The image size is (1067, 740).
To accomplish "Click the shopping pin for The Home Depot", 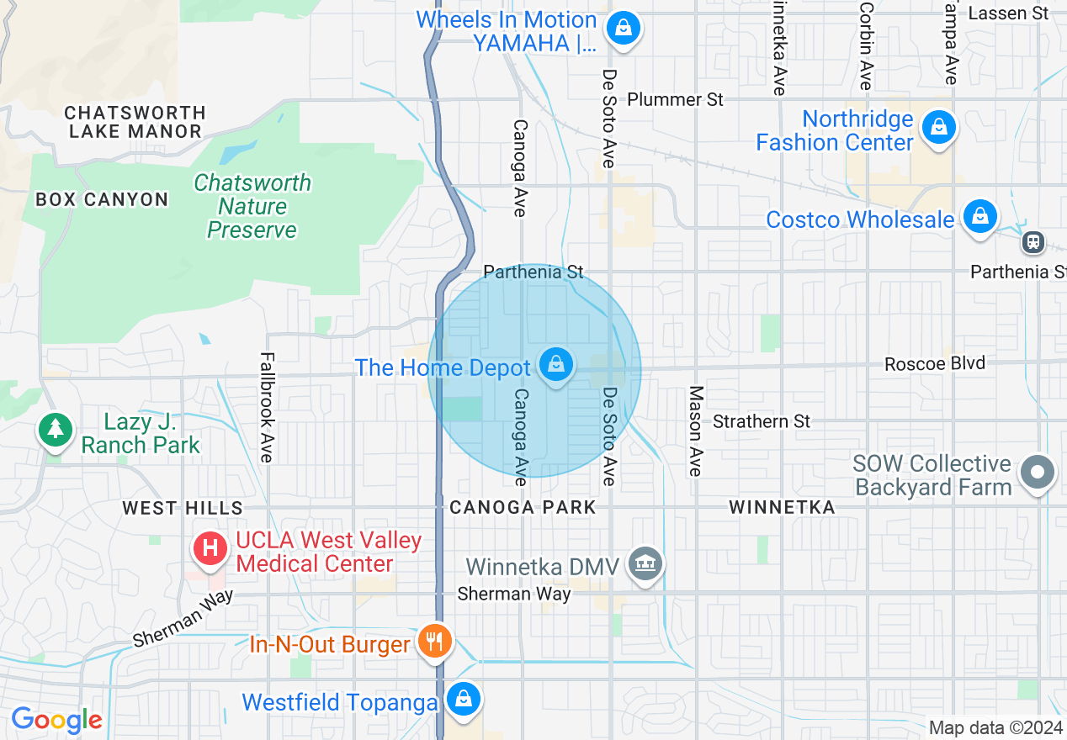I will pos(556,365).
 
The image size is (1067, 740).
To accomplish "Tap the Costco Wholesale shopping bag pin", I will pos(980,217).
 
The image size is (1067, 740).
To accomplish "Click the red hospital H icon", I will pos(211,549).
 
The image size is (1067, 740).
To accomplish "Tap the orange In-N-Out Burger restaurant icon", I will pos(435,642).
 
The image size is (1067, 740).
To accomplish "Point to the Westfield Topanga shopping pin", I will pos(463,698).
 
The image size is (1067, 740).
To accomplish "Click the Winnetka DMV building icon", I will pos(645,563).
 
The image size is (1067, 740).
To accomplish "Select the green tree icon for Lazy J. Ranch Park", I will pos(56,430).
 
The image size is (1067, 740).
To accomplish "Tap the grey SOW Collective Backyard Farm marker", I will pos(1037,473).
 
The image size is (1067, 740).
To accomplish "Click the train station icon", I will pos(1032,242).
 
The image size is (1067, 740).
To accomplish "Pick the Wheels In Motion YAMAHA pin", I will pos(624,28).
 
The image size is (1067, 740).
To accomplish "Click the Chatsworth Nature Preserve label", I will pos(252,206).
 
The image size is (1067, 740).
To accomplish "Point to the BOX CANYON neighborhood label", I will pos(102,199).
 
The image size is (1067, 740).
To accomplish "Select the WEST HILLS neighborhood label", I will pos(183,508).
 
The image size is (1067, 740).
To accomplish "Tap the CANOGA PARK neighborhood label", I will pos(523,507).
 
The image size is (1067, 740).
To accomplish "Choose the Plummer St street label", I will pos(676,99).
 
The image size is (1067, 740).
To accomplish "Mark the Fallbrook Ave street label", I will pos(267,407).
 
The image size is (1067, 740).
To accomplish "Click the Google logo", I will pos(56,721).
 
